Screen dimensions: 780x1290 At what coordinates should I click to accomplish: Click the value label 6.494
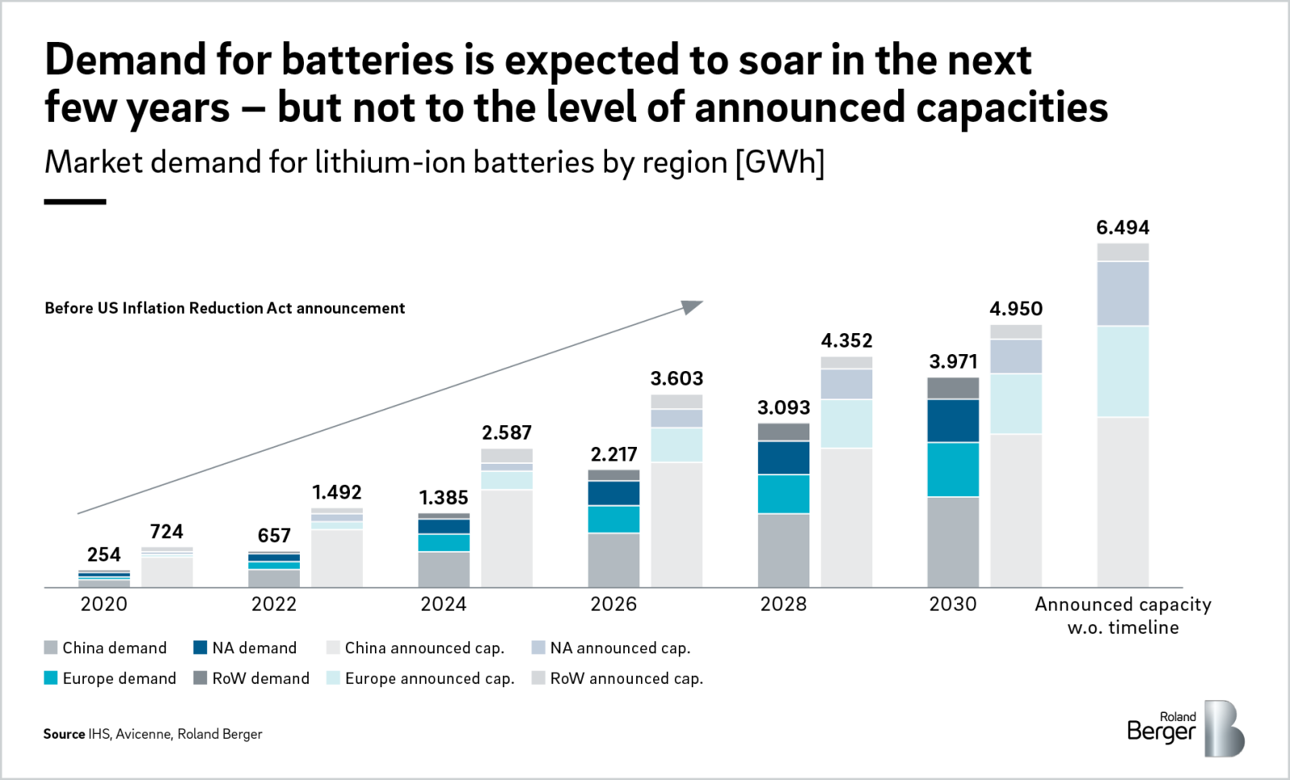[1122, 228]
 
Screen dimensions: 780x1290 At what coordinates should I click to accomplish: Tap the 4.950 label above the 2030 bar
[1016, 309]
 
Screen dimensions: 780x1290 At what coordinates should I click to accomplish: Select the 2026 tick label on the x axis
[613, 604]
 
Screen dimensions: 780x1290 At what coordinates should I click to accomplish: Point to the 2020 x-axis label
[104, 604]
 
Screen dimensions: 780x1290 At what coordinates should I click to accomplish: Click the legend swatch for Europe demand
[51, 678]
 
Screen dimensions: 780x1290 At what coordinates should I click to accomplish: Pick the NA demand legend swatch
[201, 648]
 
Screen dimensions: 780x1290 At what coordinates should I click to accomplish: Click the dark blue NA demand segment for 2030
[953, 421]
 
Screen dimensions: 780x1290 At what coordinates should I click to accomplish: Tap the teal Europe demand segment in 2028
[783, 494]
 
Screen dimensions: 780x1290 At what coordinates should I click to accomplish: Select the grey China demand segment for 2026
[614, 560]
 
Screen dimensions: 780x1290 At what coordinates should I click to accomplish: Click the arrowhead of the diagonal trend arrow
[693, 306]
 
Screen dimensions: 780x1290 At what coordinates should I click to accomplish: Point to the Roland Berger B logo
[1224, 729]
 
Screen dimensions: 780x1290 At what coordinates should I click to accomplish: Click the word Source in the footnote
[64, 734]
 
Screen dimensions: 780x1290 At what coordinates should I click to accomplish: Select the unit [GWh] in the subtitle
[780, 162]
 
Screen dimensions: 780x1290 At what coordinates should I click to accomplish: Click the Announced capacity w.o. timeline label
[1122, 615]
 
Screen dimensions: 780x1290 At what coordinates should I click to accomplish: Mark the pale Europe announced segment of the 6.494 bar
[1122, 371]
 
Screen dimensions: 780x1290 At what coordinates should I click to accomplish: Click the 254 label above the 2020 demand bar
[104, 555]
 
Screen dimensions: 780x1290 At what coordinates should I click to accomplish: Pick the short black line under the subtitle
[75, 202]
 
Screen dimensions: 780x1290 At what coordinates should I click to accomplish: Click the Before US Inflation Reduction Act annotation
[225, 308]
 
